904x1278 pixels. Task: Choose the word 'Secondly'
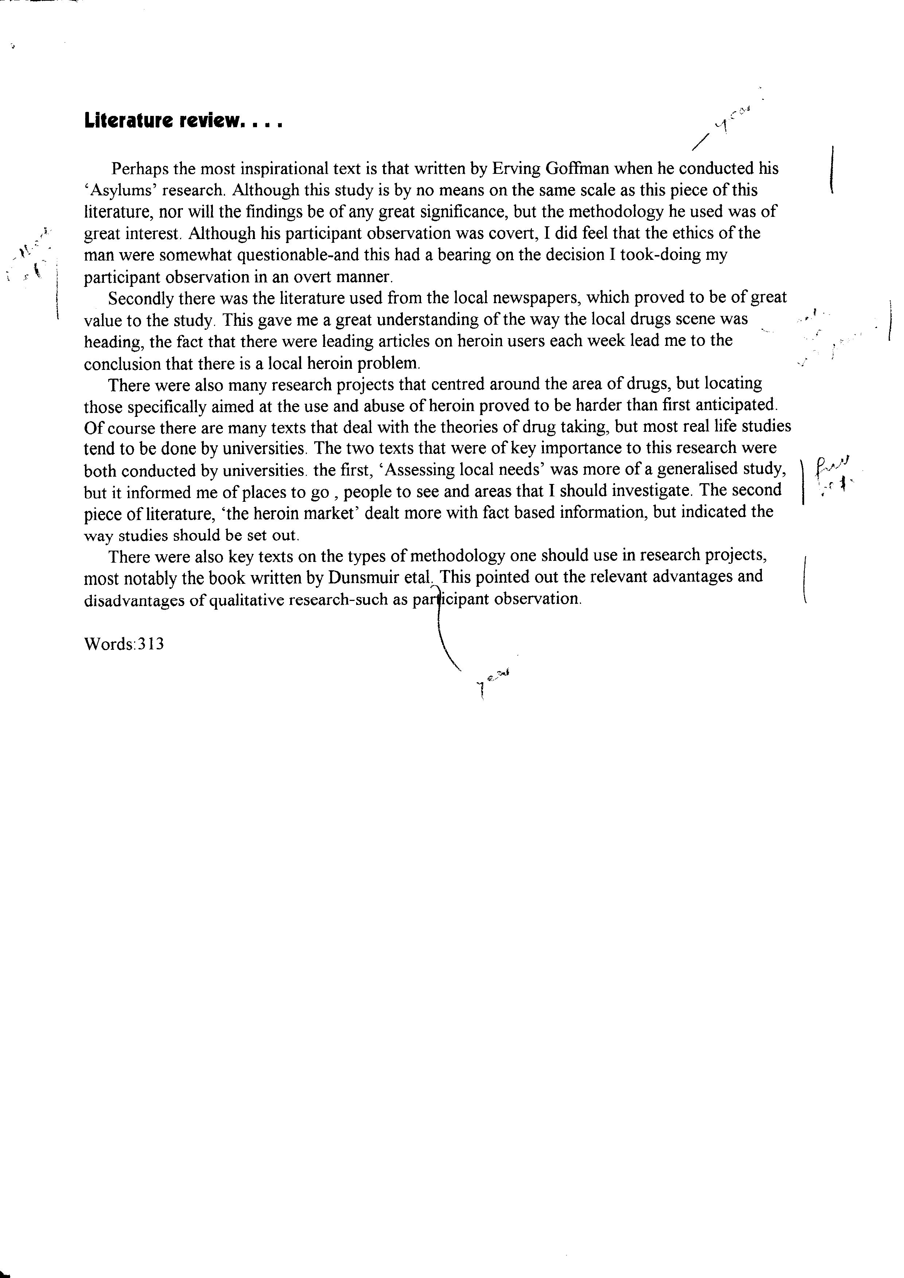140,299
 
